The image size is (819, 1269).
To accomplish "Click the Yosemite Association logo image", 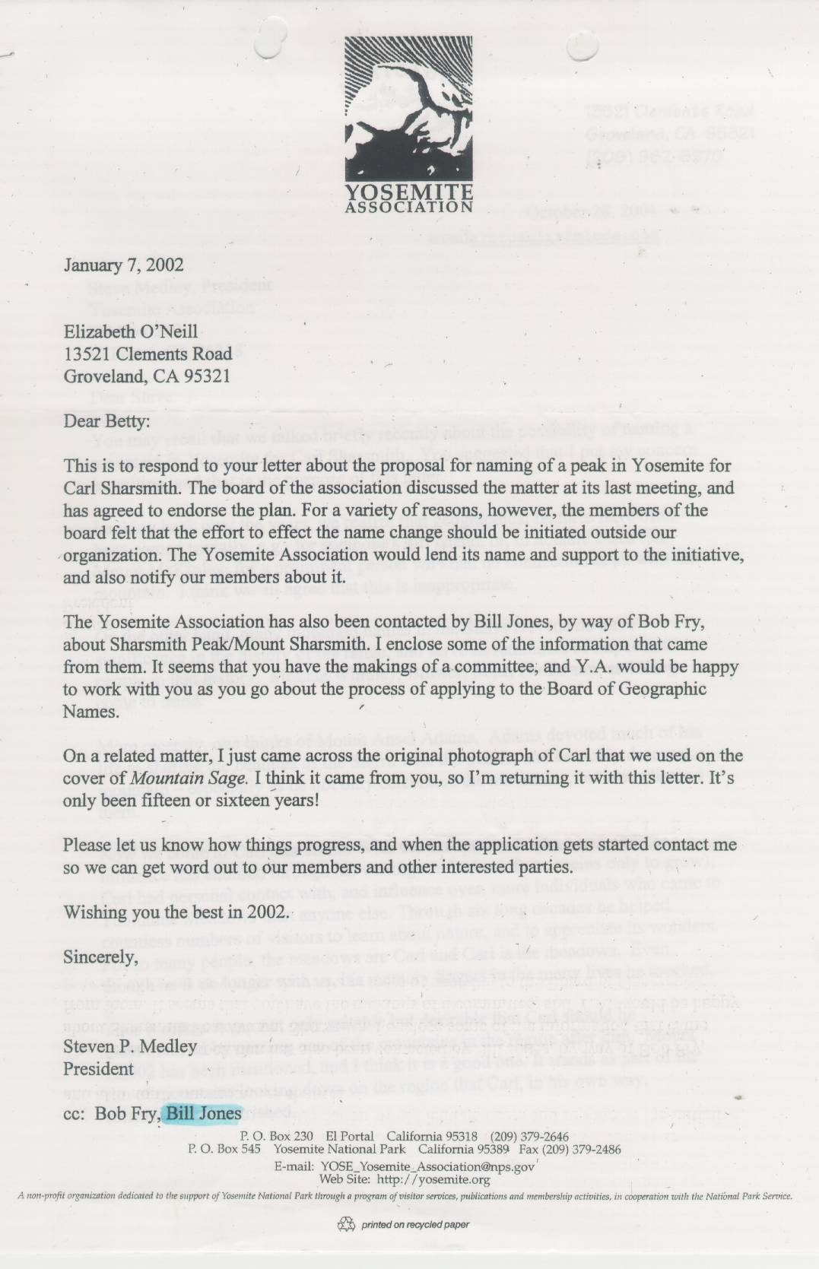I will (x=408, y=124).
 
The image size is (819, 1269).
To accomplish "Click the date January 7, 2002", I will (x=123, y=265).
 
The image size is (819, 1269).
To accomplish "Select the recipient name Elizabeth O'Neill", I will (x=131, y=332).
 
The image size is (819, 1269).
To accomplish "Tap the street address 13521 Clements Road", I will (x=148, y=354).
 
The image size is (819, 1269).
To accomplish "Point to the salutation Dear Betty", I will (x=106, y=420).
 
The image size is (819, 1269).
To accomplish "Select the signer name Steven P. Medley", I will (x=130, y=1046).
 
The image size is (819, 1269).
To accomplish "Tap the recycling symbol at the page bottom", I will (x=348, y=1224).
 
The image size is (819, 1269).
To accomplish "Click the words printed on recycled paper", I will (x=415, y=1225).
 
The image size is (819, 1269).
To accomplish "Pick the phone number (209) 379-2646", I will (x=529, y=1136).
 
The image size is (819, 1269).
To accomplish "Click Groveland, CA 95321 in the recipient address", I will (x=147, y=376).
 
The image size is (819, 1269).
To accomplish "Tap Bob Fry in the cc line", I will (x=126, y=1114).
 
